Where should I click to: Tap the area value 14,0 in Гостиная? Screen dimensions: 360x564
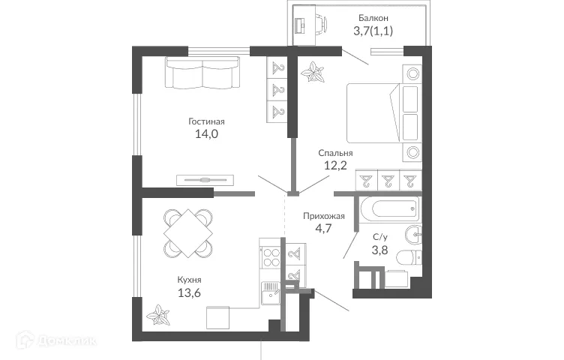click(206, 134)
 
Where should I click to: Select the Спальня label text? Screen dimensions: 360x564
click(335, 153)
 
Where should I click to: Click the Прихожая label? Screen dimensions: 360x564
click(323, 216)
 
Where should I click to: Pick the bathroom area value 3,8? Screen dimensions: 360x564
click(381, 250)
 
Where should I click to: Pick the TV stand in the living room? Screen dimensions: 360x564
click(205, 179)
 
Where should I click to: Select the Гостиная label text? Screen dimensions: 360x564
click(206, 121)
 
